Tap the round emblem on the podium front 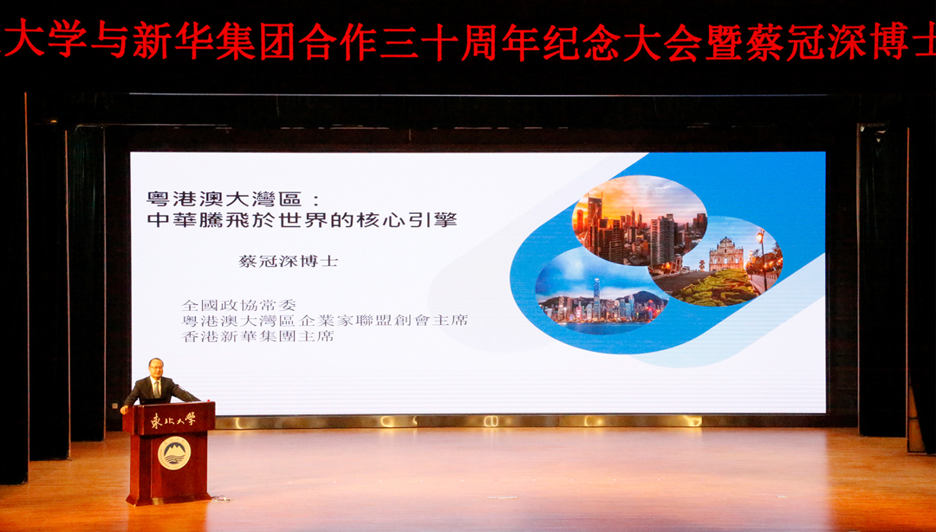click(x=174, y=452)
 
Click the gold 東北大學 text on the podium click(x=173, y=419)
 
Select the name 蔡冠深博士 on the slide click(x=288, y=261)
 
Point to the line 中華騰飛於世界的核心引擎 click(x=302, y=220)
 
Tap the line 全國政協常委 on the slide click(x=239, y=305)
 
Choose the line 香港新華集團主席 click(x=258, y=336)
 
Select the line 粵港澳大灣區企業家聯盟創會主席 click(x=325, y=321)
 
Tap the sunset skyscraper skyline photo click(x=639, y=221)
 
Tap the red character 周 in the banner click(x=480, y=42)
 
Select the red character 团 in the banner click(x=276, y=42)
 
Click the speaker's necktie click(x=156, y=389)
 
